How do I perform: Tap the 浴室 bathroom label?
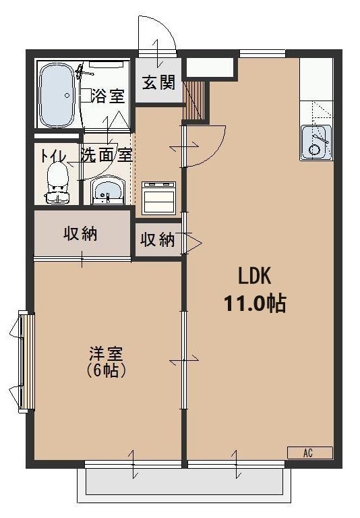coord(108,96)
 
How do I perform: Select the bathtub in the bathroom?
coord(57,96)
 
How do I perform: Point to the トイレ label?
coord(53,154)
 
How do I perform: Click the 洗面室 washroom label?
coord(106,154)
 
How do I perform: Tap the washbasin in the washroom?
coord(107,190)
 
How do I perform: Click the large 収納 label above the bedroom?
coord(81,234)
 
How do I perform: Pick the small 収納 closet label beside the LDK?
coord(158,239)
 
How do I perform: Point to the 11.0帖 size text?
coord(255,304)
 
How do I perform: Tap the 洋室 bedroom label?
coord(107,353)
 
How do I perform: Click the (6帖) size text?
coord(107,370)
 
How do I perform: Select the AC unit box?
coord(309,453)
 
